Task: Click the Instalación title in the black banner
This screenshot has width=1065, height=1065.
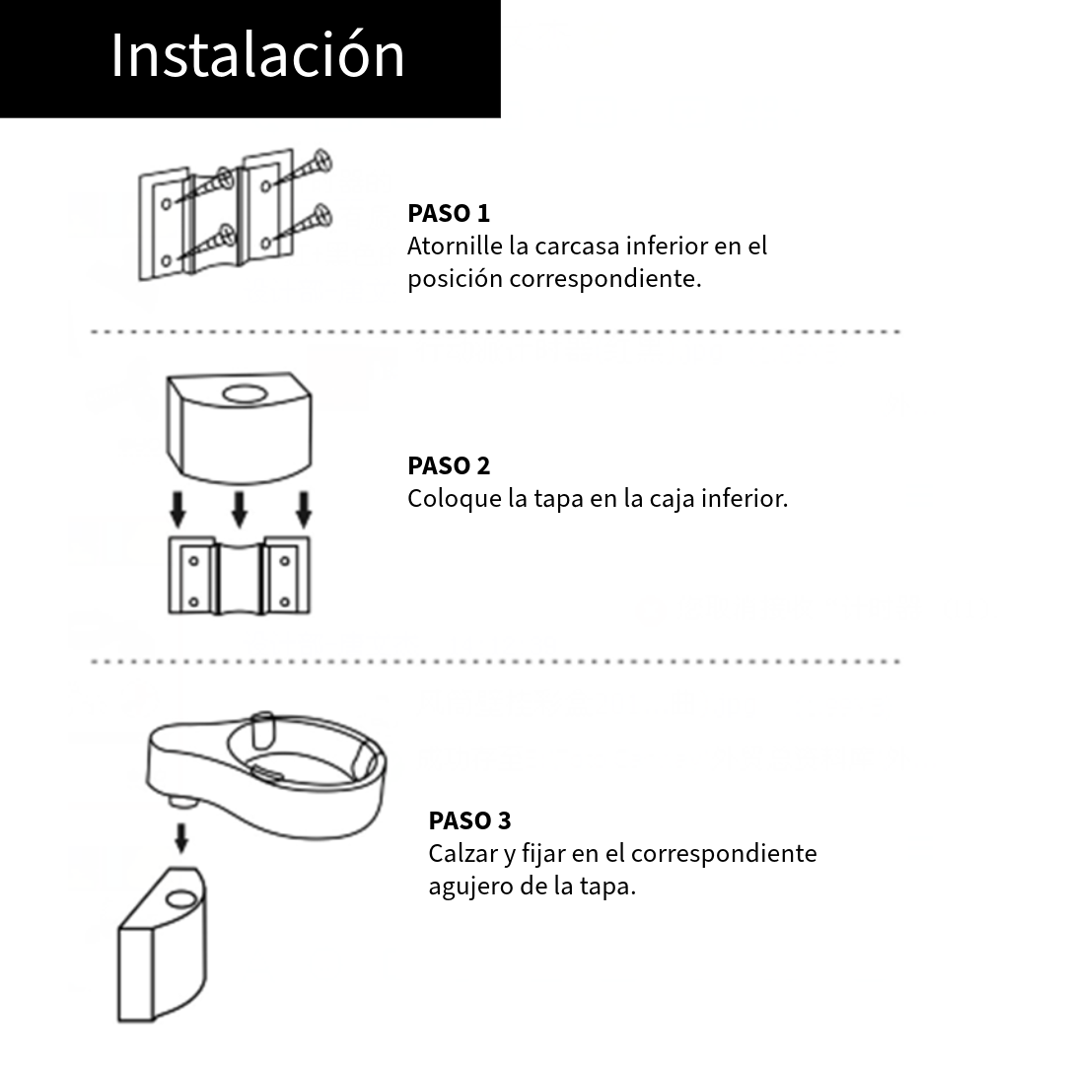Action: click(x=257, y=55)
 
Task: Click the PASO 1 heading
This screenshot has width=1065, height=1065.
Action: click(x=449, y=213)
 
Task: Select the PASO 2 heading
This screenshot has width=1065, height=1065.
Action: click(x=449, y=465)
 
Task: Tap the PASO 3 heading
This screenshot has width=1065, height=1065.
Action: click(x=469, y=820)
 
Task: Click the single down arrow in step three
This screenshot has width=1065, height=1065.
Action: click(x=180, y=837)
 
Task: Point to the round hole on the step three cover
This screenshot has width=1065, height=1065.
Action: click(x=181, y=900)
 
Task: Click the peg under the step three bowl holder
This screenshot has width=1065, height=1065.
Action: click(x=181, y=801)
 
